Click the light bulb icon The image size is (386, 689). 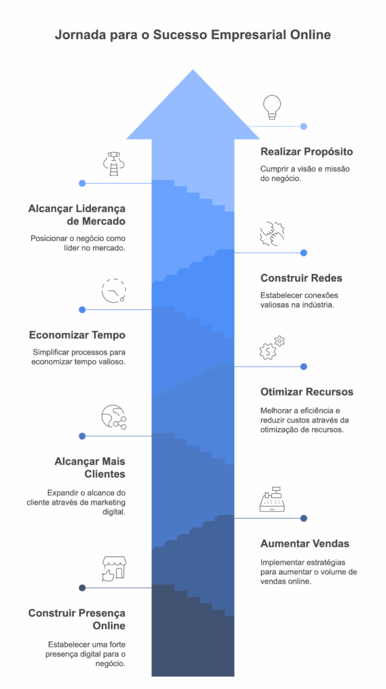pos(270,108)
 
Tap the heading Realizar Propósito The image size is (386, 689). pos(307,152)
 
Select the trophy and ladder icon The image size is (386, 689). pos(114,164)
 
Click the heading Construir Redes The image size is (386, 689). pos(302,278)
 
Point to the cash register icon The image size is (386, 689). pos(274,499)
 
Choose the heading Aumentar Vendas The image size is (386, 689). pos(305,544)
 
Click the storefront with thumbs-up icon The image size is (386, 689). pos(114,569)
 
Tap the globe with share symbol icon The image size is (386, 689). pos(114,417)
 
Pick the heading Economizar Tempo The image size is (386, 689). pos(77,335)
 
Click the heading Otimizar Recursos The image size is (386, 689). pos(307,392)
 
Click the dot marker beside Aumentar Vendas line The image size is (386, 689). pos(304,519)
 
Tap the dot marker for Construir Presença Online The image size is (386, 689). pos(82,588)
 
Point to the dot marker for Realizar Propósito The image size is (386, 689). pos(304,126)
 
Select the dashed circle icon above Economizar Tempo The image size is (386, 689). pos(114,291)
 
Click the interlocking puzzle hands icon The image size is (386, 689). pos(272,233)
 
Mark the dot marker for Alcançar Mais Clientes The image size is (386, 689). pos(82,436)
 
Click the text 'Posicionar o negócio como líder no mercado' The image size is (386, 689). pos(78,243)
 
